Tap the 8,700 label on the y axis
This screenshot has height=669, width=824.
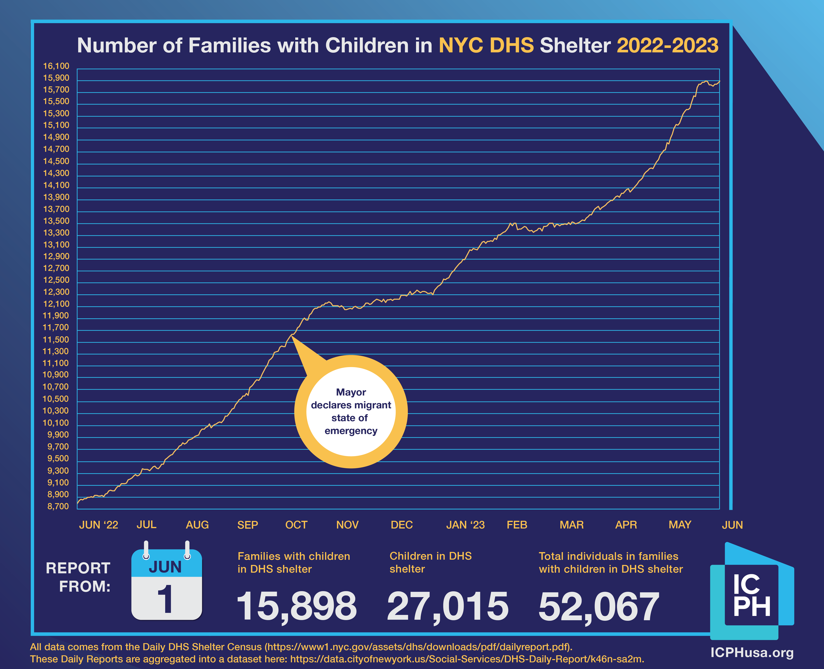tap(58, 506)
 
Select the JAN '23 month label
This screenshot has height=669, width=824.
tap(465, 525)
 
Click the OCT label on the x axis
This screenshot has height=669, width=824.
tap(296, 525)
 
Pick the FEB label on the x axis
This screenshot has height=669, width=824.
tap(517, 525)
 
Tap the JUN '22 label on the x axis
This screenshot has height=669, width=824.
tap(98, 525)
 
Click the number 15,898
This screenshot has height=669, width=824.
tap(296, 606)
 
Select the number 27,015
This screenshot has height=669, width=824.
tap(448, 606)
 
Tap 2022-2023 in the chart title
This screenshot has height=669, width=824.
tap(667, 46)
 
